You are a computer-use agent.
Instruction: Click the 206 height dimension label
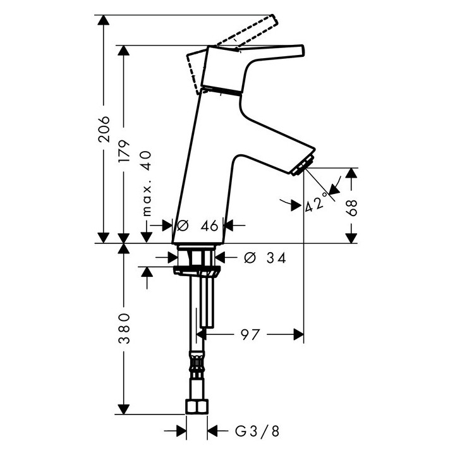(104, 129)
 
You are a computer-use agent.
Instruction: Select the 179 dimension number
(124, 151)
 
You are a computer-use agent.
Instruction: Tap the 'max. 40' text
(147, 183)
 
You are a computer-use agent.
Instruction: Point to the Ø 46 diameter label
(197, 226)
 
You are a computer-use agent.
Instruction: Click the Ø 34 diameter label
(265, 257)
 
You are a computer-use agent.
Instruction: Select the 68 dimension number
(351, 207)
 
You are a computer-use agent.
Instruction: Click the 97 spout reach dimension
(250, 334)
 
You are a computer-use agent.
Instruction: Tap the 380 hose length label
(124, 328)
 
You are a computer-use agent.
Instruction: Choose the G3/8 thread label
(257, 431)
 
